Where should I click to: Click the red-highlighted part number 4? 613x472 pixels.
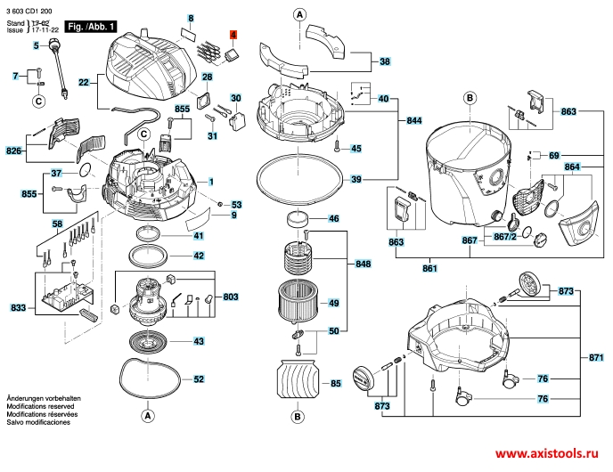pos(233,35)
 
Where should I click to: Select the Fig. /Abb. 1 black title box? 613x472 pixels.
pos(90,27)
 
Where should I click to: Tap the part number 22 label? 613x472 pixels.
pos(84,83)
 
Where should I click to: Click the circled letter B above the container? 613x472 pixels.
pos(470,98)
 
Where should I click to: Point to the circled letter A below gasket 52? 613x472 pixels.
pos(147,416)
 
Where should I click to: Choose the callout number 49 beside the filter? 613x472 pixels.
pos(333,303)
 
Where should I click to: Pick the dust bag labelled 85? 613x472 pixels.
pos(298,379)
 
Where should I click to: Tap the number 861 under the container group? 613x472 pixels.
pos(429,268)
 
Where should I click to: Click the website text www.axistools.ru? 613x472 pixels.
pos(546,453)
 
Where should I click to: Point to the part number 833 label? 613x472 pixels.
pos(18,308)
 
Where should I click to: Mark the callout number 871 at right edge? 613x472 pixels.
pos(596,357)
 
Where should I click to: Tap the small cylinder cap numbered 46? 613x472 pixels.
pos(298,219)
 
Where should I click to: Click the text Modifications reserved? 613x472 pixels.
pos(40,406)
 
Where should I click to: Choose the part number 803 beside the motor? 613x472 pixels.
pos(231,297)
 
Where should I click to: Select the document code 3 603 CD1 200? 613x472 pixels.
pos(29,11)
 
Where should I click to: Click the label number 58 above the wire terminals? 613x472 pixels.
pos(57,224)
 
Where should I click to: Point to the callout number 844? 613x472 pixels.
pos(414,121)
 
